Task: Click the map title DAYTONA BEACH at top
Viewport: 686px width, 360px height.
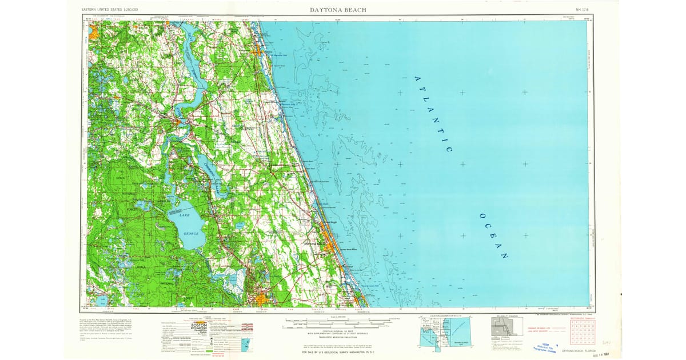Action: (338, 10)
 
